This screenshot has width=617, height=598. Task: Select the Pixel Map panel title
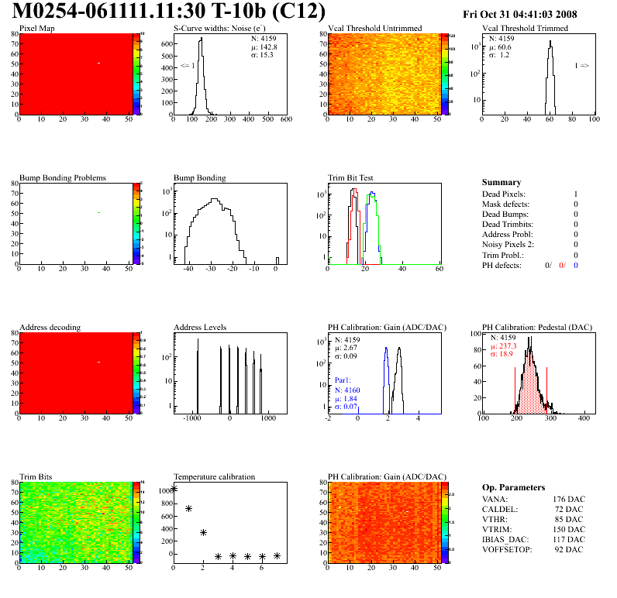tap(36, 29)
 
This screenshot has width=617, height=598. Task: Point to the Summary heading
tap(502, 183)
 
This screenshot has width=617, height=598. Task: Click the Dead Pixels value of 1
tap(576, 194)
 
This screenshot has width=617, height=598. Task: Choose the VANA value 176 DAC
tap(568, 499)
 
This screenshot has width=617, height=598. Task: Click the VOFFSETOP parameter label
tap(507, 549)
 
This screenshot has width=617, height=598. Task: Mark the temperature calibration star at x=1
tap(188, 508)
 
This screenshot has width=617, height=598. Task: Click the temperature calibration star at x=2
tap(203, 532)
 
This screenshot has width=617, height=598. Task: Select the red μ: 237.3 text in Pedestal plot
tap(504, 346)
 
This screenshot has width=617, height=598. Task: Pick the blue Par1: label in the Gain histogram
tap(343, 381)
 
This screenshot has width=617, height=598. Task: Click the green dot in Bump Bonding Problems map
tap(98, 212)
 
